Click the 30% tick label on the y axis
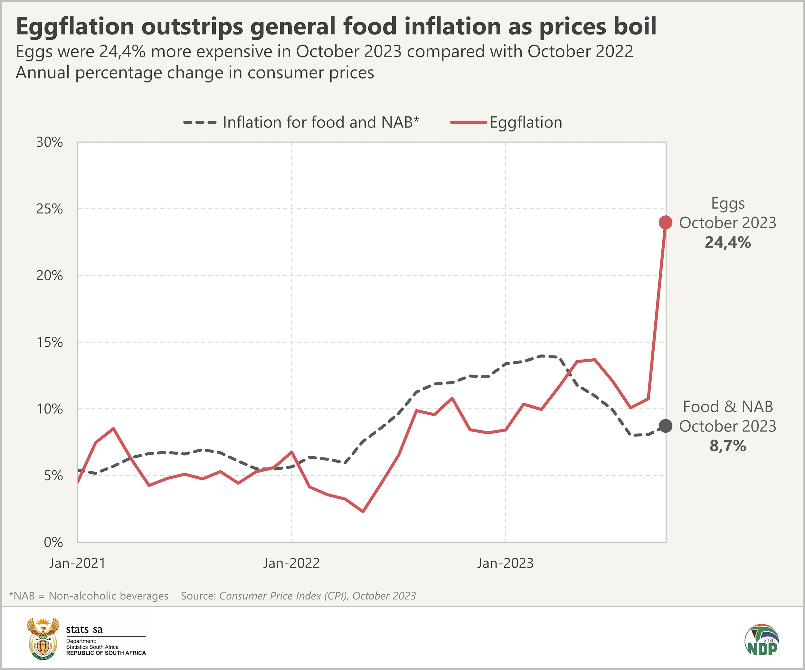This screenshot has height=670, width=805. pos(50,142)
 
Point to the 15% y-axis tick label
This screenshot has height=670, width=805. pos(50,342)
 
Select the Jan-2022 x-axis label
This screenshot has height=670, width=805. pos(291,563)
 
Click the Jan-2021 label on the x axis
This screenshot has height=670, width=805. pos(77,563)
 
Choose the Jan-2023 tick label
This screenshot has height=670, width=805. pos(505,563)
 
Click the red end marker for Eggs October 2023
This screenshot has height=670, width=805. pos(666,222)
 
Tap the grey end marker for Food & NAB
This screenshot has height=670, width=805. pos(666,426)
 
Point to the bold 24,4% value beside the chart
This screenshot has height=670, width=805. pos(728,243)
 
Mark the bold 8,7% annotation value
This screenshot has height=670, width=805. pos(728,446)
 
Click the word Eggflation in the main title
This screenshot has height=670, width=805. pos(75,27)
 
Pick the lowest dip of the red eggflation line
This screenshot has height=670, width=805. pos(363,511)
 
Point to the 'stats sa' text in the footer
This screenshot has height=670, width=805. pos(84,629)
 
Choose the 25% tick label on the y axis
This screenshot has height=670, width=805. pos(50,209)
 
